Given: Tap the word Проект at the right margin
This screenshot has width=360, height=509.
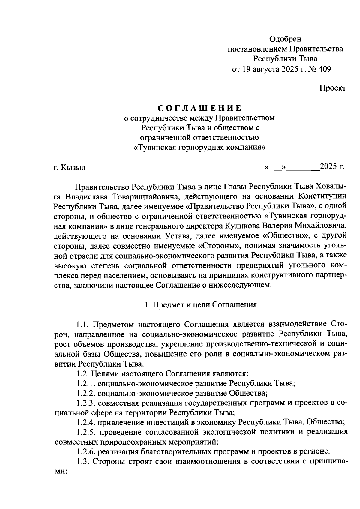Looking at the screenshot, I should tap(332, 88).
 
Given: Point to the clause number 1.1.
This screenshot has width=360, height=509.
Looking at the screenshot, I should tap(82, 325).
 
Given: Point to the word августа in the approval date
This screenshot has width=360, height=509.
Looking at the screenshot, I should tap(266, 69).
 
